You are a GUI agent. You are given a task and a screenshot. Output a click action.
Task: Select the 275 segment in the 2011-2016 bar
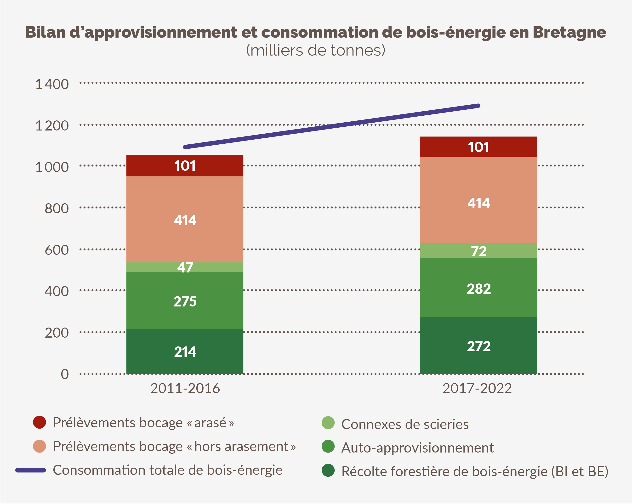[185, 301]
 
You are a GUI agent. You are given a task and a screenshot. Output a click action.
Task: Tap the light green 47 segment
[185, 267]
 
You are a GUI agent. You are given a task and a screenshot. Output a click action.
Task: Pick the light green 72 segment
[478, 251]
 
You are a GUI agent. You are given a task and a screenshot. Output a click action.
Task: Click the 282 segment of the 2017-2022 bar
[478, 289]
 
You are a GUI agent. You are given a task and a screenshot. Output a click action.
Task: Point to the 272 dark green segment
[478, 346]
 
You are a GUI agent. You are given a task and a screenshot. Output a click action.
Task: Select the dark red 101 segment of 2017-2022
[478, 147]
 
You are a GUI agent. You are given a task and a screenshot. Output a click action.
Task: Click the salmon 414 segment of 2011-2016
[185, 220]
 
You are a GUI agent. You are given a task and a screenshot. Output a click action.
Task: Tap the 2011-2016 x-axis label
[185, 389]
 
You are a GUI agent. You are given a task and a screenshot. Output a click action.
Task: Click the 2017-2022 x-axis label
[477, 389]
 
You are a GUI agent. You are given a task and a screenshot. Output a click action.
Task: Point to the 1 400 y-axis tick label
[52, 84]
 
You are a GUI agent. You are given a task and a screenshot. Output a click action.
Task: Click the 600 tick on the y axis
[57, 250]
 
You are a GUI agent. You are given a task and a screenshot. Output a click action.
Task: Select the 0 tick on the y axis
[65, 374]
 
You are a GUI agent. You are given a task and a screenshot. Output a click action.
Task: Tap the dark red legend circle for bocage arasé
[39, 422]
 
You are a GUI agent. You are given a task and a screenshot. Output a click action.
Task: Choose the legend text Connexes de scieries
[404, 424]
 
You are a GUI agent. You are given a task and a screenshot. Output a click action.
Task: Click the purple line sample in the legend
[30, 470]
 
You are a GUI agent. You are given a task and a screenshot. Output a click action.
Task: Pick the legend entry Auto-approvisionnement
[417, 448]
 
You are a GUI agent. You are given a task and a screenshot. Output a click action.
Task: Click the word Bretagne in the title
[569, 32]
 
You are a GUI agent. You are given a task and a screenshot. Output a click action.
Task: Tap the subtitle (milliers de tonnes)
[315, 50]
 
